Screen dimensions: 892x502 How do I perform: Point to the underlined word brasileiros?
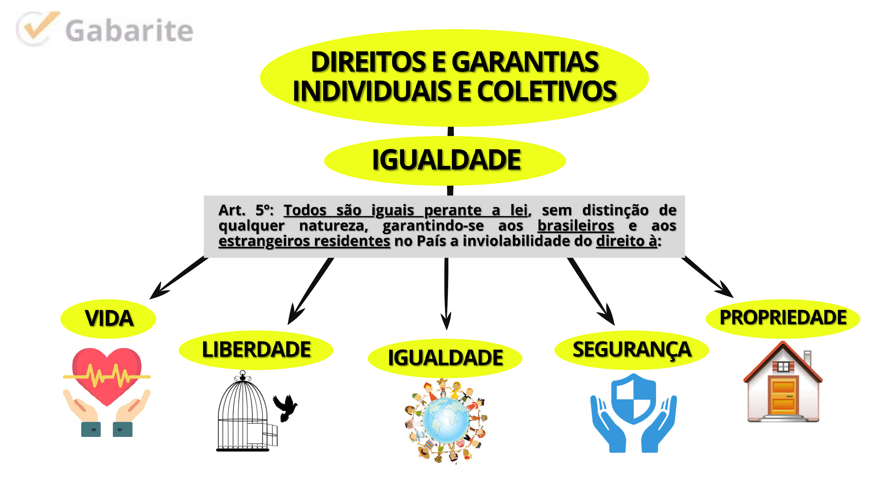575,226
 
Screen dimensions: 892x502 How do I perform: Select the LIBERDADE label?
256,350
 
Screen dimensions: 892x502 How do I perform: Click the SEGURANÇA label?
632,350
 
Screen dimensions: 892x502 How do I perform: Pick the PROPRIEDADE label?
783,318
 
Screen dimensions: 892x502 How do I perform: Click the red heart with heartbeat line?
107,374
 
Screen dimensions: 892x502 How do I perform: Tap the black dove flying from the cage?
285,407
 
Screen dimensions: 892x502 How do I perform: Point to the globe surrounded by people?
446,420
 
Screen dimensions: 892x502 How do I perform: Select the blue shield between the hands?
633,399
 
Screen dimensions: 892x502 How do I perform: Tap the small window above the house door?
783,366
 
